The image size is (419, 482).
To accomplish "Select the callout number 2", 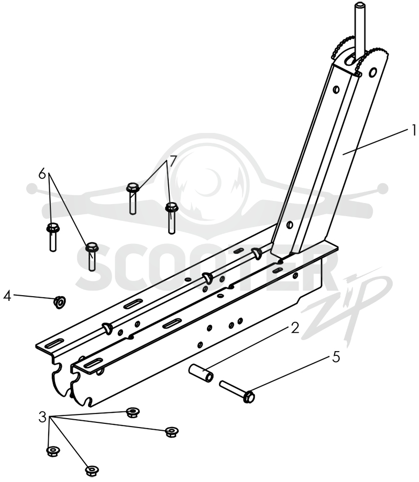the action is pyautogui.click(x=295, y=328).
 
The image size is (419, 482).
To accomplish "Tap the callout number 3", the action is pyautogui.click(x=42, y=417).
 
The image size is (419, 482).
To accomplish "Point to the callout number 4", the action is pyautogui.click(x=7, y=296).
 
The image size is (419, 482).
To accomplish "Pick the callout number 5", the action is pyautogui.click(x=336, y=357).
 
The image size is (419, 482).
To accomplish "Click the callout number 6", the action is pyautogui.click(x=42, y=174).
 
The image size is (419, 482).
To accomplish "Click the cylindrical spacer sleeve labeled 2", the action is pyautogui.click(x=201, y=373).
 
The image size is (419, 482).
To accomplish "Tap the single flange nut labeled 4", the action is pyautogui.click(x=59, y=301).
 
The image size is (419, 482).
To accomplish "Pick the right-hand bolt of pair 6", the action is pyautogui.click(x=91, y=256).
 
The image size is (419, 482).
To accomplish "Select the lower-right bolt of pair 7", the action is pyautogui.click(x=172, y=218).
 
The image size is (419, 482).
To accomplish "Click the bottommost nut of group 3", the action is pyautogui.click(x=92, y=470).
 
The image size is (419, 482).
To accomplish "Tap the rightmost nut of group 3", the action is pyautogui.click(x=172, y=432).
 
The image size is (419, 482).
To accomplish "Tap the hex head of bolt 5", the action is pyautogui.click(x=249, y=397).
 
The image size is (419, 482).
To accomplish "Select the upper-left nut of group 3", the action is pyautogui.click(x=134, y=411).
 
